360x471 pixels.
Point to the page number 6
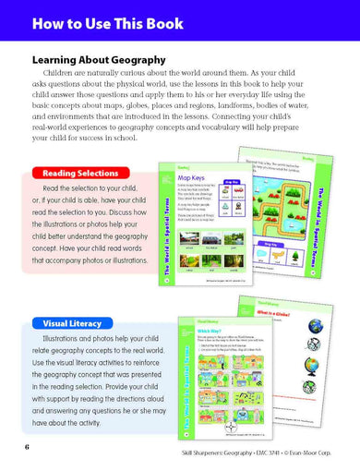[28, 448]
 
